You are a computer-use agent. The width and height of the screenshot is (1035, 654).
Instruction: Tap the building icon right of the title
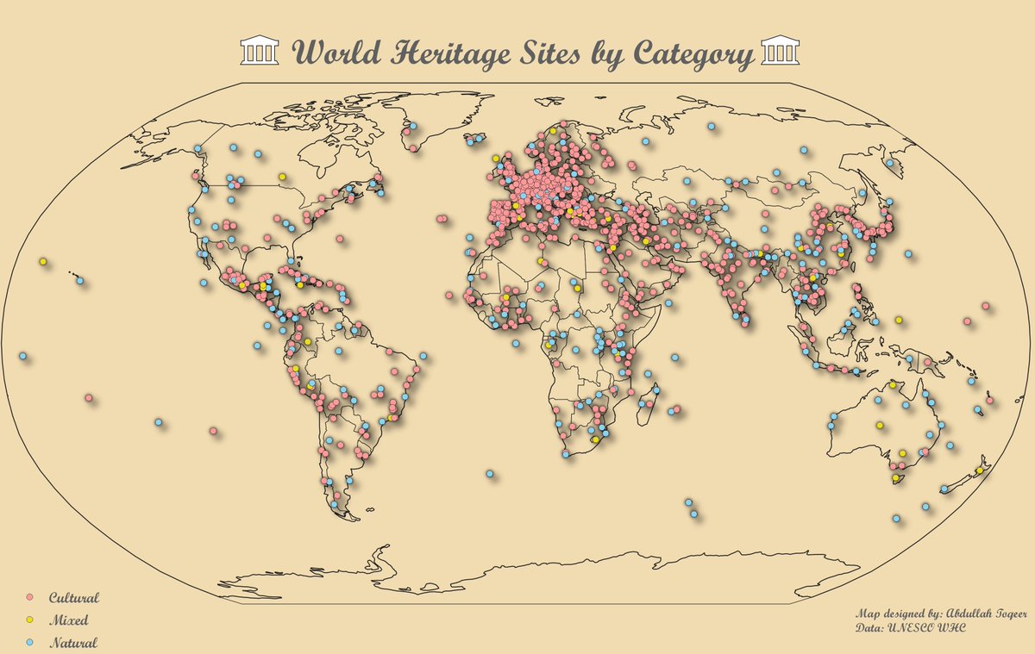(780, 51)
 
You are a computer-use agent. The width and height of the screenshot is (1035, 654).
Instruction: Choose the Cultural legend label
(74, 597)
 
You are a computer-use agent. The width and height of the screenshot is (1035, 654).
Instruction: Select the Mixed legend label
(69, 620)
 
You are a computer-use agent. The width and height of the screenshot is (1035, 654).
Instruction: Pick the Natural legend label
(72, 642)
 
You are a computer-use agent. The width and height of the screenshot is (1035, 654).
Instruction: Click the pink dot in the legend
(28, 597)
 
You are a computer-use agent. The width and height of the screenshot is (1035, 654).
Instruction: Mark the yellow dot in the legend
(28, 620)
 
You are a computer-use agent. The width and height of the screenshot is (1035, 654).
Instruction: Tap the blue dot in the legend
(28, 642)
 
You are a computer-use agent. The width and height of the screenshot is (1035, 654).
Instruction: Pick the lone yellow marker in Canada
(282, 177)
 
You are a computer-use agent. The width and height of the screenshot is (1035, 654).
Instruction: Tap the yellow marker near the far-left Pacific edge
(42, 261)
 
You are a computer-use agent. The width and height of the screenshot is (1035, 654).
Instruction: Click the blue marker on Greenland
(414, 127)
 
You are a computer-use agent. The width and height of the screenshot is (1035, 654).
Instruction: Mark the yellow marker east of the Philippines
(899, 320)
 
